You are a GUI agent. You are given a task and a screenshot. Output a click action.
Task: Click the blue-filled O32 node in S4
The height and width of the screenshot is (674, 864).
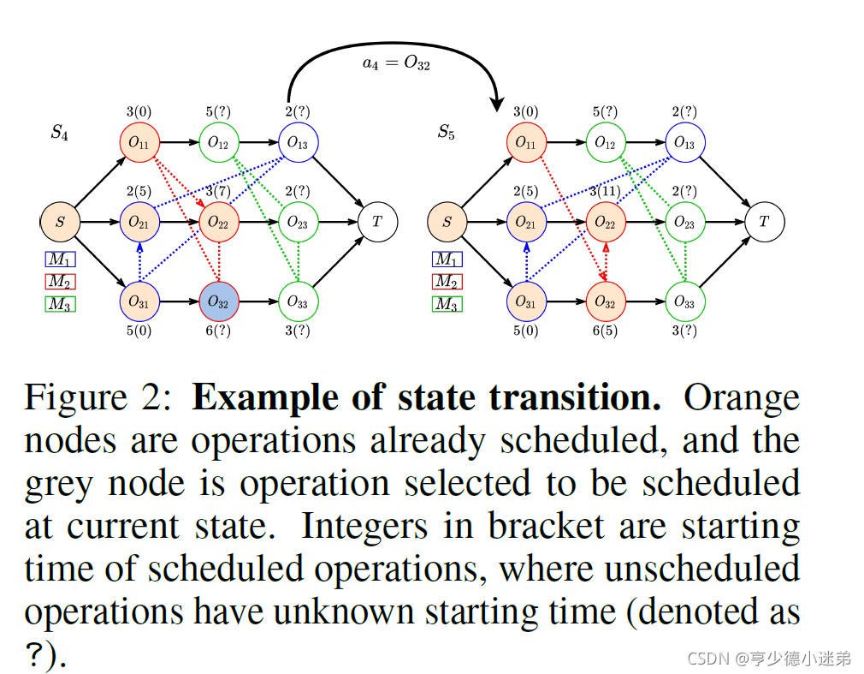[x=219, y=301]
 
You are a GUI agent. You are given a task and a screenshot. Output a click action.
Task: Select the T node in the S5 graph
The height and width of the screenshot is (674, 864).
[x=764, y=222]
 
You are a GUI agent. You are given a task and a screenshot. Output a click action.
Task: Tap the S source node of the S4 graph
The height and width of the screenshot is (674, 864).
[x=60, y=222]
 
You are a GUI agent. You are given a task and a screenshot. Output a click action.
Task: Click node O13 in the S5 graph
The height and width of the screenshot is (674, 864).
[x=684, y=143]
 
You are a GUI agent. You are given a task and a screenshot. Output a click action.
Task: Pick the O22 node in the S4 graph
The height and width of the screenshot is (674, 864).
[x=219, y=222]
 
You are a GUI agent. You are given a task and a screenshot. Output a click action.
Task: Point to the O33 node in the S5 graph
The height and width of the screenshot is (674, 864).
[x=684, y=301]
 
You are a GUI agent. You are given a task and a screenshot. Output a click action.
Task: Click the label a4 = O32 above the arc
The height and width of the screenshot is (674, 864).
[x=395, y=64]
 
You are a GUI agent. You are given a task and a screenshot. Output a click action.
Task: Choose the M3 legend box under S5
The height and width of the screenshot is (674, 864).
[x=447, y=304]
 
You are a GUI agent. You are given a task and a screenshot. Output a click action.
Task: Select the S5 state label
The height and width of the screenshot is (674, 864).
[x=446, y=132]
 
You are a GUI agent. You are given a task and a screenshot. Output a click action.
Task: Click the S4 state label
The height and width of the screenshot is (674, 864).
[x=59, y=132]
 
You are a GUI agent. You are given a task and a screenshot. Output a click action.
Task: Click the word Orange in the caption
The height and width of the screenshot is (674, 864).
[x=742, y=398]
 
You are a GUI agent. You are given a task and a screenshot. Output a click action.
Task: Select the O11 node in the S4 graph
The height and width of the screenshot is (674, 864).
[x=139, y=143]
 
